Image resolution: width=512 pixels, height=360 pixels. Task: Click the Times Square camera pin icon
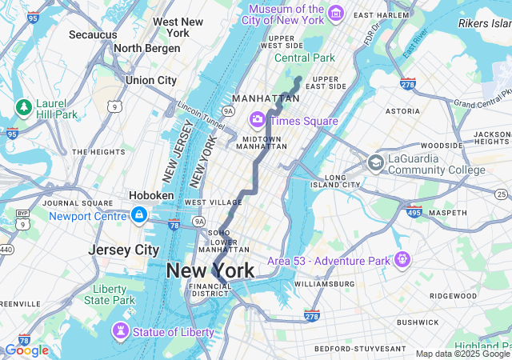pyautogui.click(x=258, y=120)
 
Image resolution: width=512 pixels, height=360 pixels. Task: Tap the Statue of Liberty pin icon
pyautogui.click(x=122, y=331)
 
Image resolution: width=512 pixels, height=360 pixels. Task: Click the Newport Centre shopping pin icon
pyautogui.click(x=139, y=215)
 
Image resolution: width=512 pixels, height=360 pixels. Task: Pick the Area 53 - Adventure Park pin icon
pyautogui.click(x=402, y=259)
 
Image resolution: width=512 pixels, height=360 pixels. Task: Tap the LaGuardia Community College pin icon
pyautogui.click(x=375, y=163)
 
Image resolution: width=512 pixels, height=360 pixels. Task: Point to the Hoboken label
pyautogui.click(x=151, y=195)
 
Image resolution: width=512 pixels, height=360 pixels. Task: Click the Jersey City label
pyautogui.click(x=124, y=250)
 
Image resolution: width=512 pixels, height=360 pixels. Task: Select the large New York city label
pyautogui.click(x=210, y=270)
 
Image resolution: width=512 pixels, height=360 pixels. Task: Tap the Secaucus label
pyautogui.click(x=94, y=35)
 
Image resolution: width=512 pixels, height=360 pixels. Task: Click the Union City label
pyautogui.click(x=151, y=80)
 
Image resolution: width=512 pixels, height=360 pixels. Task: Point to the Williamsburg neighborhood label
pyautogui.click(x=324, y=284)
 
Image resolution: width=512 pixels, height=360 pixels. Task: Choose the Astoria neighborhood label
pyautogui.click(x=402, y=111)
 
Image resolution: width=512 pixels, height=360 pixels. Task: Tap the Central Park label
pyautogui.click(x=305, y=58)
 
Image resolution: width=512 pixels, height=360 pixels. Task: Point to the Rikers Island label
pyautogui.click(x=484, y=24)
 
